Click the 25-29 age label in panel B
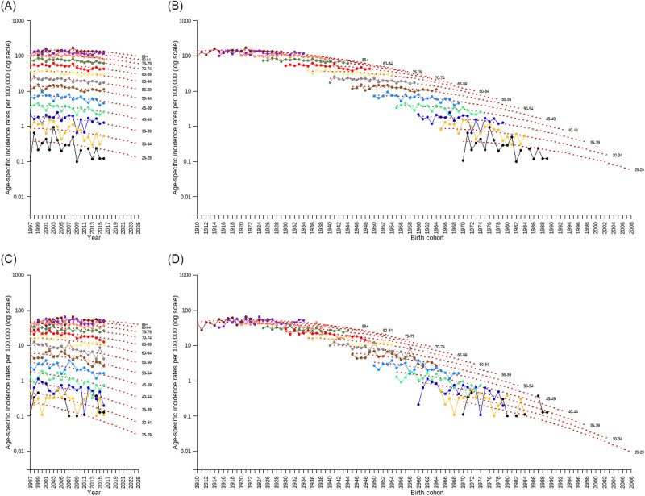click(x=639, y=170)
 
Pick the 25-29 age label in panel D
click(x=639, y=452)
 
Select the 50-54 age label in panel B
click(x=528, y=108)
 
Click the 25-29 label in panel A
click(x=146, y=157)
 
